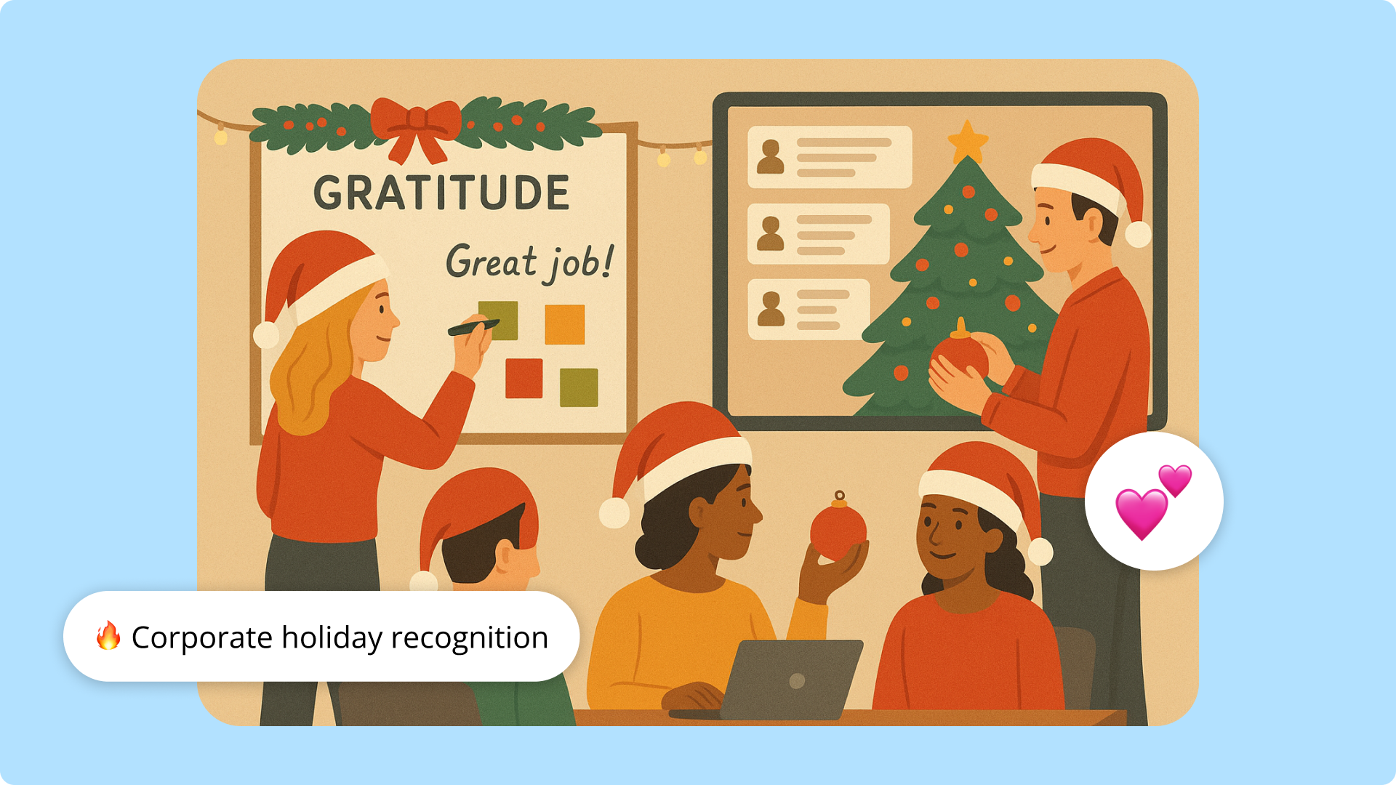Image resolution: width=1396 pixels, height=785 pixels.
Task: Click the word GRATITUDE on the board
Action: coord(441,193)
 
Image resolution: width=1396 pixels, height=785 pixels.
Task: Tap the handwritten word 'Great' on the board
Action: coord(491,262)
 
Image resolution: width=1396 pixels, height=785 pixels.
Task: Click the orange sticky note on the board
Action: coord(565,324)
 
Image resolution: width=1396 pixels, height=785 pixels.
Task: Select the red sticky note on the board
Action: coord(523,378)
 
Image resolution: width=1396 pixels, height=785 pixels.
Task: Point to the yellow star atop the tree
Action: coord(968,140)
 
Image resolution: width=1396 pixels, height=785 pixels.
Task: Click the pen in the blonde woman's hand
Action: coord(473,327)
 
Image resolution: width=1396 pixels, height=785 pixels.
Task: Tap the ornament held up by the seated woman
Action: coord(838,531)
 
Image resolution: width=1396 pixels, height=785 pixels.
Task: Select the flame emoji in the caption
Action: coord(108,636)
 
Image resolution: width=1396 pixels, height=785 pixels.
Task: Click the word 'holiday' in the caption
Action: coord(332,637)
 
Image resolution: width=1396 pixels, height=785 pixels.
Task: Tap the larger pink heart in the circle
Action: coord(1141,512)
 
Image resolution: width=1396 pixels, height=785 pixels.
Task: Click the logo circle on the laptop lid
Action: coord(797,681)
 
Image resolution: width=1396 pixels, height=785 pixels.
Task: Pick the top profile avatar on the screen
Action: coord(770,157)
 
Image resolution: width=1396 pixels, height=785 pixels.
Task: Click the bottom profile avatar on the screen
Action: coord(771,309)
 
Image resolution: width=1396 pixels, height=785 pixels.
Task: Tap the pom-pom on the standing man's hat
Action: coord(1137,234)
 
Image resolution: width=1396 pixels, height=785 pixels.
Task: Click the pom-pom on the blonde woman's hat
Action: coord(266,335)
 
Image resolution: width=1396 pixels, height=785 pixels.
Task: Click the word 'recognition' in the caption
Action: coord(470,637)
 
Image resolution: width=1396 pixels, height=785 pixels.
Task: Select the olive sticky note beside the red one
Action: coord(579,387)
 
